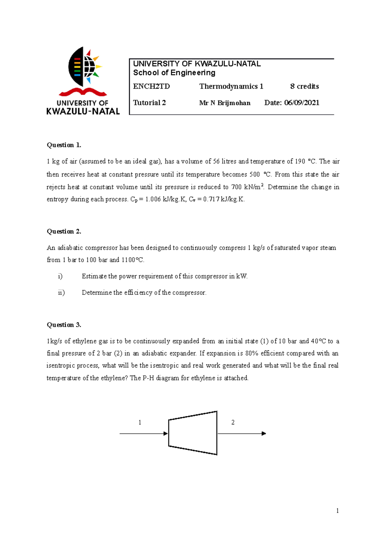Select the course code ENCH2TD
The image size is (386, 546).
coord(152,86)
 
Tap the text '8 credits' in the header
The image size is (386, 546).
coord(304,86)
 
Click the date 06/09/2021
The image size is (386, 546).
coord(302,103)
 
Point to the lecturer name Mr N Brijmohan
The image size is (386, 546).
coord(225,103)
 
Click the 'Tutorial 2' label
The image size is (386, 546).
coord(150,103)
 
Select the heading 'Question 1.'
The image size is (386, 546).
coord(64,145)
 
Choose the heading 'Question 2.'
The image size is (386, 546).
coord(64,232)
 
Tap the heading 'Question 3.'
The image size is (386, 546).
coord(64,325)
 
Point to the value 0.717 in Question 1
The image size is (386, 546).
coord(211,199)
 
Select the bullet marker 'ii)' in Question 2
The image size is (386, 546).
coord(61,293)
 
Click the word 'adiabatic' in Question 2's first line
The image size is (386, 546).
coord(70,248)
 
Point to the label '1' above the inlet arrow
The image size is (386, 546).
coord(140,423)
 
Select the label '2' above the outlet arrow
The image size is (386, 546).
coord(233,423)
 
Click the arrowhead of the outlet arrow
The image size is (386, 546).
coord(264,434)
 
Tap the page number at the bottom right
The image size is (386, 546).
coord(337,511)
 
